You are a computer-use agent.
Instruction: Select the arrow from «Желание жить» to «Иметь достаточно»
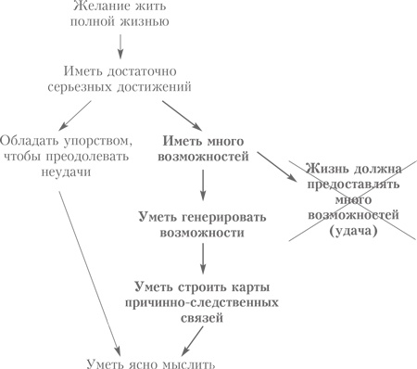point(120,46)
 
